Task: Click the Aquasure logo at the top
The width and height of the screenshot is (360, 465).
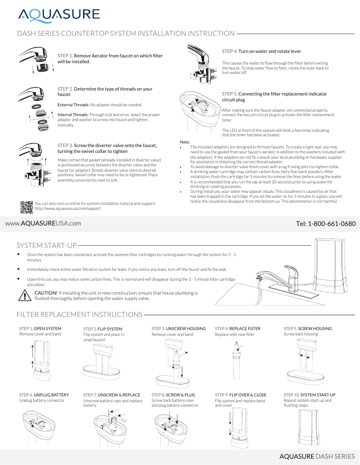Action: [59, 14]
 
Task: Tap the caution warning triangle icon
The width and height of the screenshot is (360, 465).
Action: [23, 295]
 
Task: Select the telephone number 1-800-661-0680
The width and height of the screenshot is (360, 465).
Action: [326, 223]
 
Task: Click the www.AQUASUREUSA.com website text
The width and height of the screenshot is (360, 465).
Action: [43, 223]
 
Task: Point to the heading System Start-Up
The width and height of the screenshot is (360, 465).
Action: [46, 245]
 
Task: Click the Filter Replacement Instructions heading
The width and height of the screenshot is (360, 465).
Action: [79, 314]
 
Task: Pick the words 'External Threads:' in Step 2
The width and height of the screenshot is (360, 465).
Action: [74, 105]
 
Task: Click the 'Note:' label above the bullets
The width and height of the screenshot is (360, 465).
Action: [184, 142]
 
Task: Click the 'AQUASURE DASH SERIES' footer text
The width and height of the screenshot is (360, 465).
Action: [317, 456]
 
